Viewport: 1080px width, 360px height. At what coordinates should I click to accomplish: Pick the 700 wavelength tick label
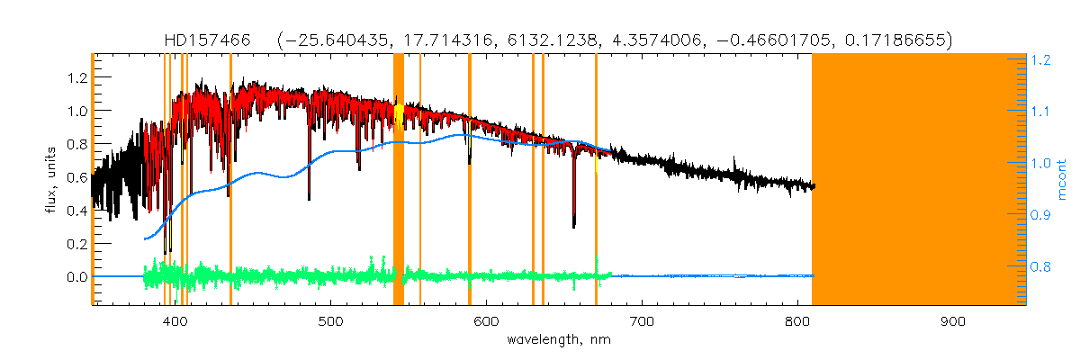click(x=642, y=321)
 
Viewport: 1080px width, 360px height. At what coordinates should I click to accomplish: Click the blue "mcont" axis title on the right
click(x=1062, y=180)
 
